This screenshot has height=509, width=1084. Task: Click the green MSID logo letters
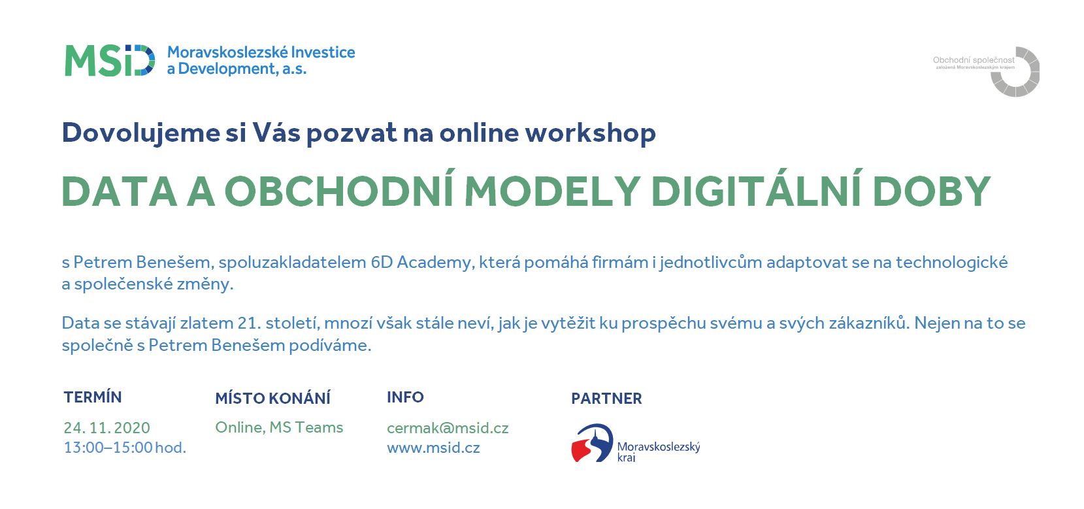(x=110, y=61)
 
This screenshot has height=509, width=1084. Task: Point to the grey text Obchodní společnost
(x=974, y=60)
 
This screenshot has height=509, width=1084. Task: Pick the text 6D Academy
(x=421, y=263)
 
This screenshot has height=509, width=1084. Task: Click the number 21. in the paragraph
(x=249, y=323)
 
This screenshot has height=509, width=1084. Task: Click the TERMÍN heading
(x=93, y=397)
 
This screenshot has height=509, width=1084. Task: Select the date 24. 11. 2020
(x=107, y=428)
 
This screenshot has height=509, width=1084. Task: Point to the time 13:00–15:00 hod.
(x=125, y=448)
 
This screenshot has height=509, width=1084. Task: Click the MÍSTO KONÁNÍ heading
(x=273, y=398)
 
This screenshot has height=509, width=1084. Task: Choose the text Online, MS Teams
(x=279, y=427)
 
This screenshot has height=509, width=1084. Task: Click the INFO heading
(x=405, y=397)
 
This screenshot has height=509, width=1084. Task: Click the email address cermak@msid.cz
(x=448, y=428)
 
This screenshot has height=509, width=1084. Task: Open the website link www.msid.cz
(x=433, y=448)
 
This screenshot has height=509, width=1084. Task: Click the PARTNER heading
(x=606, y=398)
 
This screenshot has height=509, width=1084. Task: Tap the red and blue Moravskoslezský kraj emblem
(x=593, y=443)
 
